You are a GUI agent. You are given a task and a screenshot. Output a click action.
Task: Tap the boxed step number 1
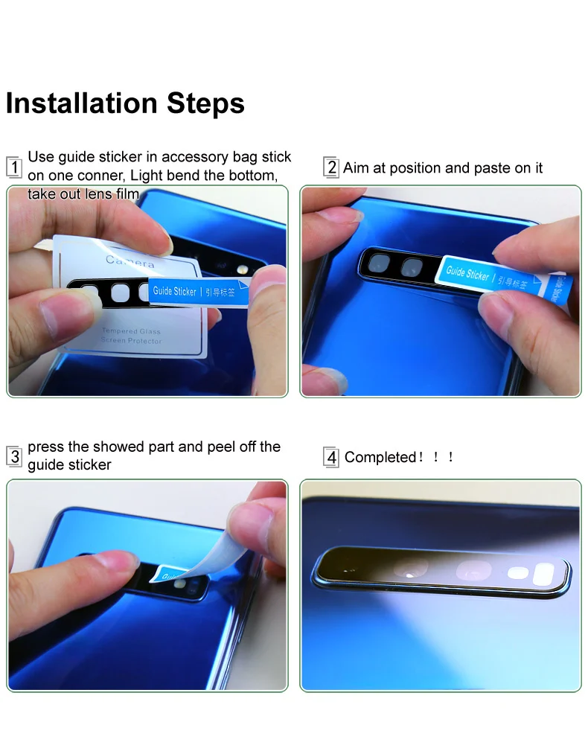14,167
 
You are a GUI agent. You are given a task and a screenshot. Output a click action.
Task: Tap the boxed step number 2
332,167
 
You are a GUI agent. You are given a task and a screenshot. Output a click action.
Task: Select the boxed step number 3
15,456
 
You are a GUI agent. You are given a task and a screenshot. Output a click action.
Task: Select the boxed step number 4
332,457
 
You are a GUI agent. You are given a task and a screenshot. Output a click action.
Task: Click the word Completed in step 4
380,457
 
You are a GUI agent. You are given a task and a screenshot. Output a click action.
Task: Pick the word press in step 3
46,447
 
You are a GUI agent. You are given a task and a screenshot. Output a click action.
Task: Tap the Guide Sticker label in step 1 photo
175,291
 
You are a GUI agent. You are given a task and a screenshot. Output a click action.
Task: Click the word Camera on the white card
130,261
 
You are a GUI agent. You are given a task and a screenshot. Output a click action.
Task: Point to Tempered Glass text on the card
131,330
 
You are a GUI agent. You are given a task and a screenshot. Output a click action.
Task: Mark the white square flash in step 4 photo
544,573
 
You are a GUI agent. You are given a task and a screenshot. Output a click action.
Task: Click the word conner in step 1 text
101,176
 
